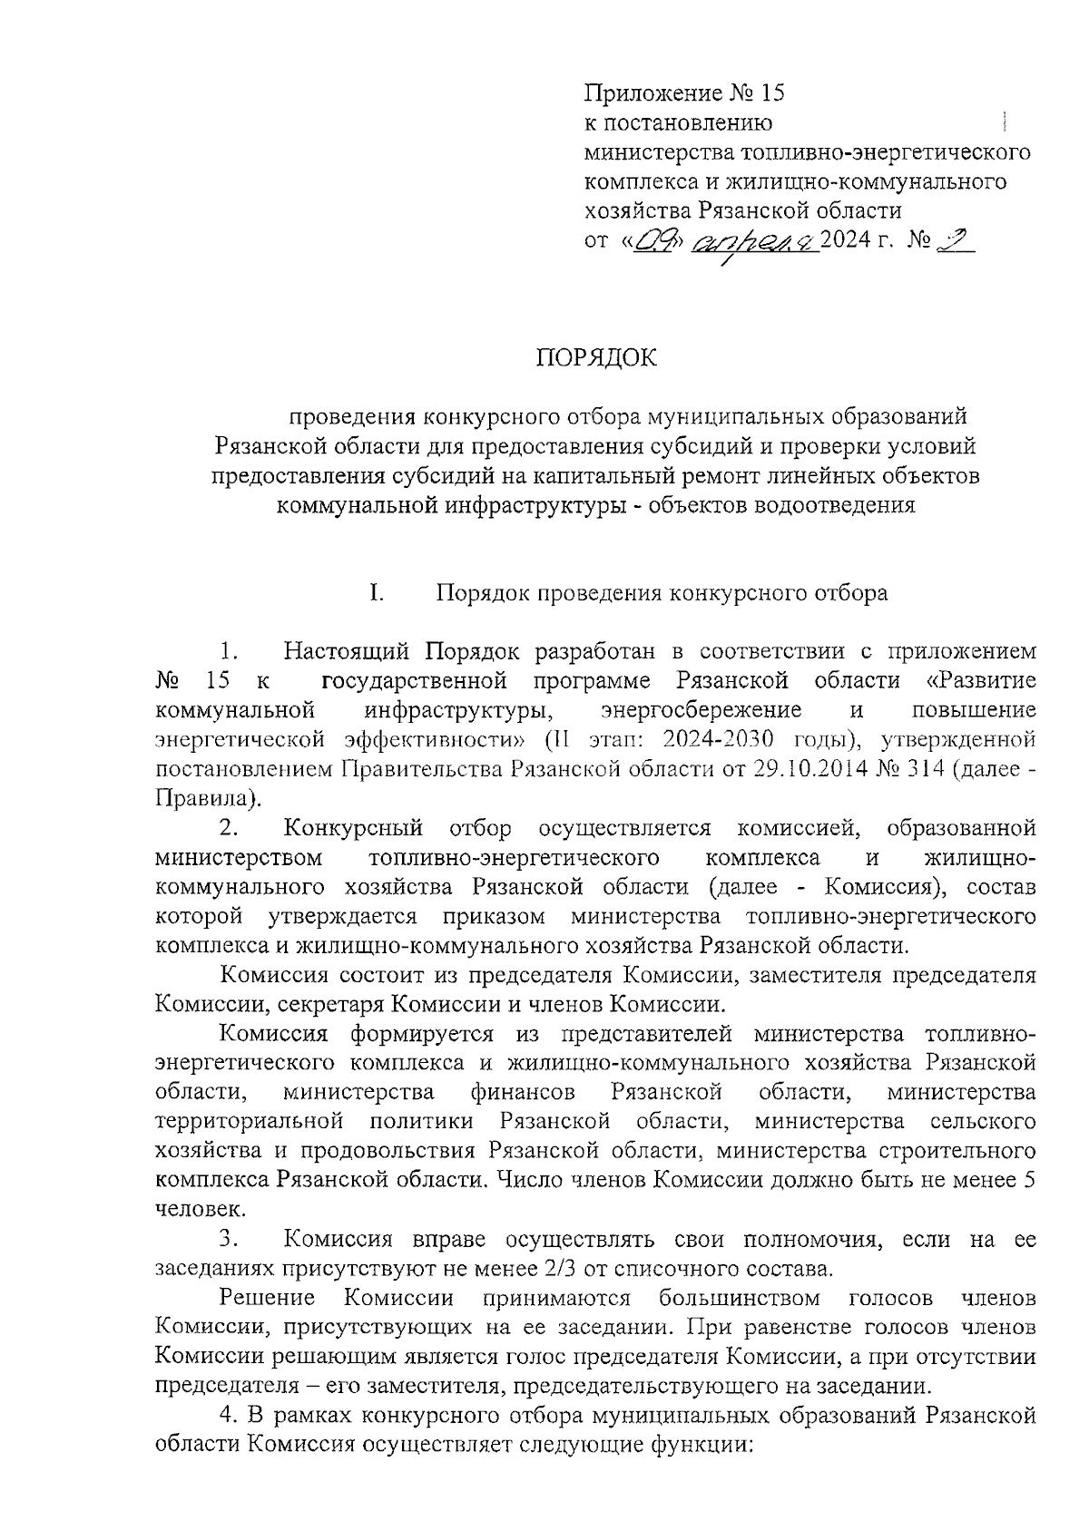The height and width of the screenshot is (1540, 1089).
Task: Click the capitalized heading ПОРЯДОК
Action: (x=596, y=358)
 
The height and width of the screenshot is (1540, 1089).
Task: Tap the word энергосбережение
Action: (x=701, y=710)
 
